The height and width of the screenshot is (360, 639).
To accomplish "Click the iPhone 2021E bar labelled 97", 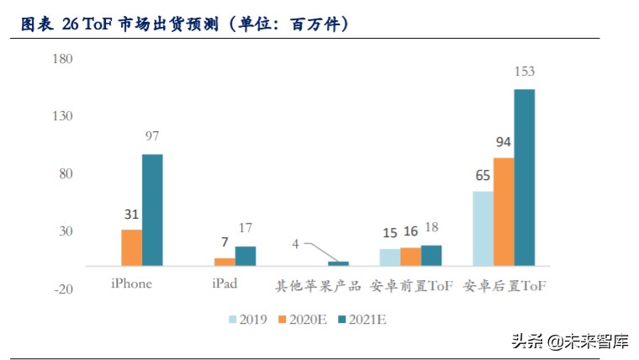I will (152, 209).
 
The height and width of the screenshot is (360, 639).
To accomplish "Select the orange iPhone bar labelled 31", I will (131, 247).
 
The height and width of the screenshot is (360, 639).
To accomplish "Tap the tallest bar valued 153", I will (524, 177).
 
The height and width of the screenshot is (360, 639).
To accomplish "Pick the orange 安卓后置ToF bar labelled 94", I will (504, 211).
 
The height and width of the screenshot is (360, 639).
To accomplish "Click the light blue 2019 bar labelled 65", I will (483, 228).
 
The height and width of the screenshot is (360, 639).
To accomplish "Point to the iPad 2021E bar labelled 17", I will (245, 256).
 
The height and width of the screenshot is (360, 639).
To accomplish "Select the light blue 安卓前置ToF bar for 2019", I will (389, 257).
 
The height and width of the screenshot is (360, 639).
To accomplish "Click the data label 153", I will (524, 71).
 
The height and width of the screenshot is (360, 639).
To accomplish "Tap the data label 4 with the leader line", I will (295, 244).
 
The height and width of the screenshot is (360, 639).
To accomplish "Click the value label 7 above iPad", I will (224, 242).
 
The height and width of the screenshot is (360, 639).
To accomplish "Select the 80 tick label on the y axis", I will (66, 174).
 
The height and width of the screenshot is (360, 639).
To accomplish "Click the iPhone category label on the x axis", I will (131, 284).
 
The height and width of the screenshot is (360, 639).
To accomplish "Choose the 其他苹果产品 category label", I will (319, 285).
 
